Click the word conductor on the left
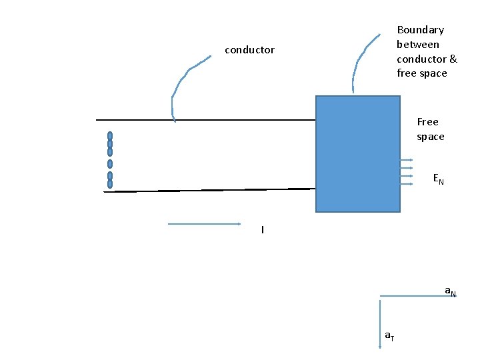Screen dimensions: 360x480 (x=249, y=50)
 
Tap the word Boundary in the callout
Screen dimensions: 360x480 (x=420, y=30)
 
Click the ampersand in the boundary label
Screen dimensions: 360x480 (x=453, y=59)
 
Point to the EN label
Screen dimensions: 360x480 (x=438, y=179)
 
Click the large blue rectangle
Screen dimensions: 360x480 (x=357, y=153)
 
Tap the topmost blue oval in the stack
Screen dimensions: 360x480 (x=110, y=136)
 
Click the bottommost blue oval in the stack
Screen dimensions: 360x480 (x=110, y=183)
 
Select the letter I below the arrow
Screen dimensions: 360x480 (x=263, y=230)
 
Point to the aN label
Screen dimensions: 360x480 (x=451, y=291)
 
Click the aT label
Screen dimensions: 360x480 (x=389, y=337)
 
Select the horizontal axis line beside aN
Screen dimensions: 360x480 (x=413, y=295)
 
